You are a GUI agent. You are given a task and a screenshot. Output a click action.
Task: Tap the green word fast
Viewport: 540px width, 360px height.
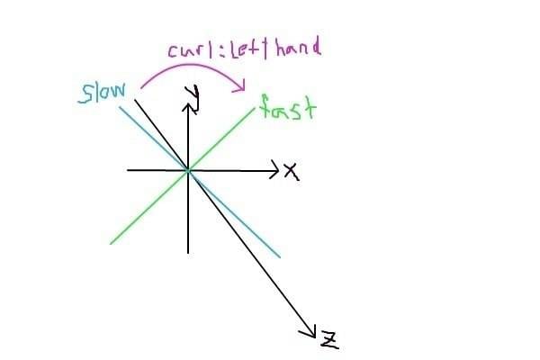(x=288, y=110)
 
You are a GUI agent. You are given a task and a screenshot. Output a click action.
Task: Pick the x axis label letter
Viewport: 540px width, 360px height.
(x=291, y=171)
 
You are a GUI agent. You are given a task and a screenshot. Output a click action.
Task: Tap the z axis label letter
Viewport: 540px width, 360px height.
(x=329, y=339)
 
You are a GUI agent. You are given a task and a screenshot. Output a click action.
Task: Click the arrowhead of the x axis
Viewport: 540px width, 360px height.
(x=275, y=169)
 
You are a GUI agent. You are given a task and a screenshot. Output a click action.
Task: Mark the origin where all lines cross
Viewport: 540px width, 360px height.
(x=188, y=169)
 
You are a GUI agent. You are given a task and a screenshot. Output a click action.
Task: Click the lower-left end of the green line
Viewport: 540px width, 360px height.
(x=110, y=243)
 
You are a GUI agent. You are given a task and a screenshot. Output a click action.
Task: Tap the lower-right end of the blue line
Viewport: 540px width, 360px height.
(x=280, y=256)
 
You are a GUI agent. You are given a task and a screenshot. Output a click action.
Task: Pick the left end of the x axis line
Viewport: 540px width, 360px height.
(x=128, y=169)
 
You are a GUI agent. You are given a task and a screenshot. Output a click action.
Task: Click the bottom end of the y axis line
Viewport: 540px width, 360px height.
(x=188, y=252)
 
